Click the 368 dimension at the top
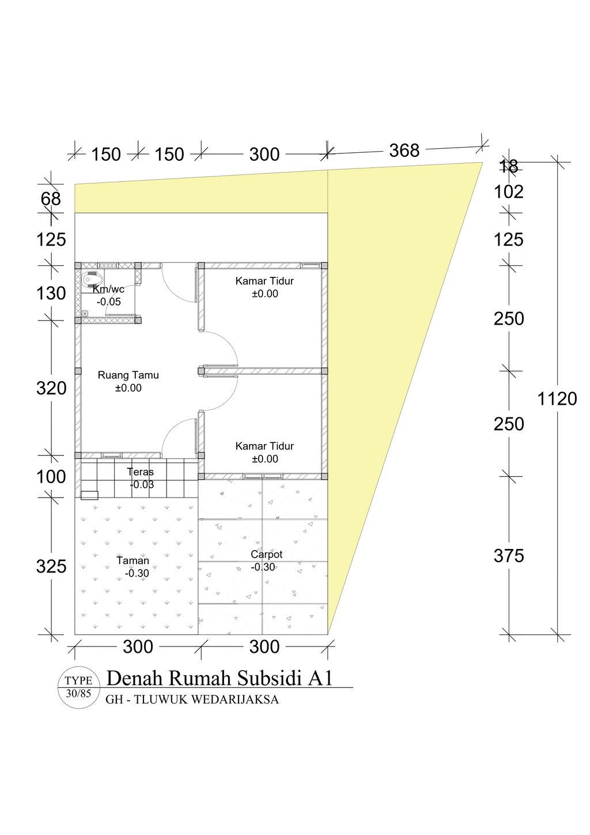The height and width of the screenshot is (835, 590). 404,151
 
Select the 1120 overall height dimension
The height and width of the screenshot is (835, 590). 557,398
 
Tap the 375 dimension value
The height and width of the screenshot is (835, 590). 509,556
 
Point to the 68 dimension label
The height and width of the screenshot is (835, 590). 51,199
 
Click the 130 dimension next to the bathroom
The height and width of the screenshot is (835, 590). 51,294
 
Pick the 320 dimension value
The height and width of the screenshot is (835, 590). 51,389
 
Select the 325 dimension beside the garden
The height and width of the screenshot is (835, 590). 51,566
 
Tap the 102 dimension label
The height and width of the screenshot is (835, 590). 509,192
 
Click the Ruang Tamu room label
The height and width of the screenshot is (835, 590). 128,375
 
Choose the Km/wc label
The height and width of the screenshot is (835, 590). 109,289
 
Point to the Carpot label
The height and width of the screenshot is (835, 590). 266,554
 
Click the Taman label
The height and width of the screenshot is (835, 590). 133,561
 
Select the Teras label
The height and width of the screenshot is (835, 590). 141,472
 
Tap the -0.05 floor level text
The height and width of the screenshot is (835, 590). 108,302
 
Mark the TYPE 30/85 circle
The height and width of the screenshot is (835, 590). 78,687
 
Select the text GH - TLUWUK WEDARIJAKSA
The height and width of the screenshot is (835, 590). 192,699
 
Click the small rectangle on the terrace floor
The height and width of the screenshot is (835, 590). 89,495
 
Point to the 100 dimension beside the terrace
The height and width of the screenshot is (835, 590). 51,477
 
